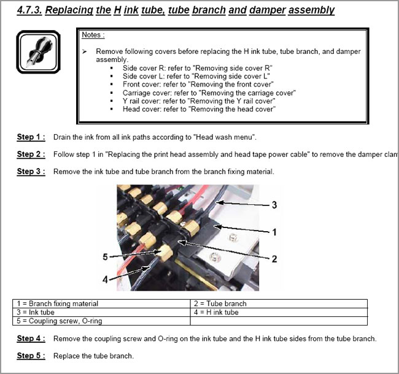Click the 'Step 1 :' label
31,137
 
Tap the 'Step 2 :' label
31,154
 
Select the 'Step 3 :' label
31,172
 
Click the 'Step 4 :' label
31,338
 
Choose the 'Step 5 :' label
31,356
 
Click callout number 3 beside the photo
274,204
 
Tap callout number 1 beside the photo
274,232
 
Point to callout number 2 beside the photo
274,259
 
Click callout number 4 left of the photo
105,279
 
